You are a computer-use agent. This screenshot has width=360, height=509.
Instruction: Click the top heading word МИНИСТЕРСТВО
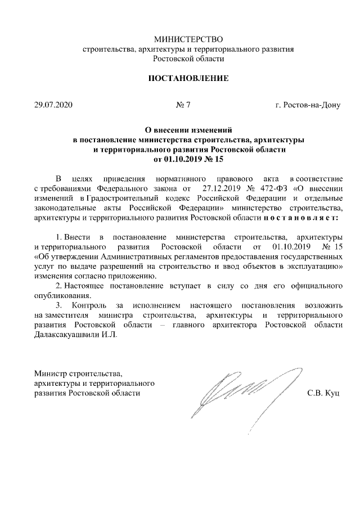(188, 39)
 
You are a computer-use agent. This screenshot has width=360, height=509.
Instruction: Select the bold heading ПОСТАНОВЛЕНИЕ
(188, 78)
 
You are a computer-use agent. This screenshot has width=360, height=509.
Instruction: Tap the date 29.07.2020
(53, 105)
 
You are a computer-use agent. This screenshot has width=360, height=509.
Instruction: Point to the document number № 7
(183, 105)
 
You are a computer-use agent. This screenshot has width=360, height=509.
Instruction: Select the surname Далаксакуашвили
(68, 335)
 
